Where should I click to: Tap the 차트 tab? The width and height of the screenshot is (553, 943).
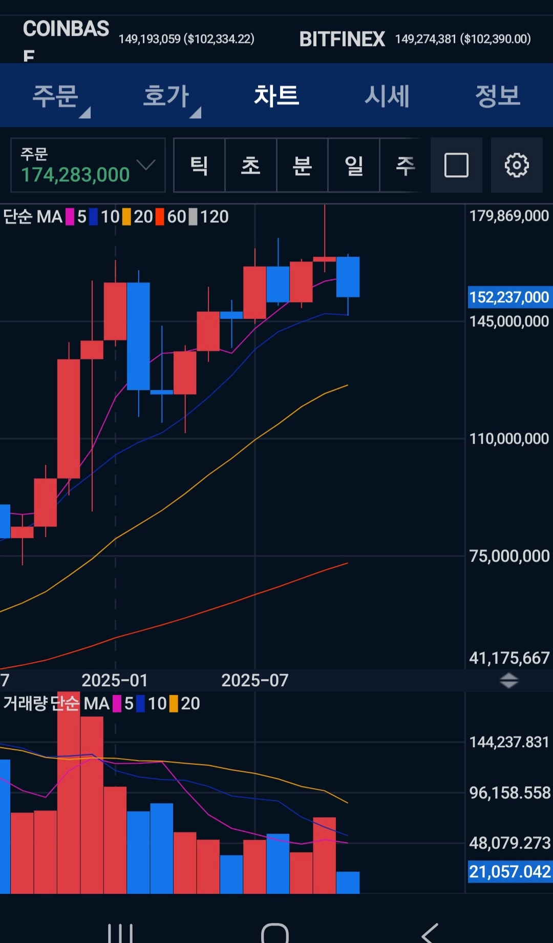click(276, 96)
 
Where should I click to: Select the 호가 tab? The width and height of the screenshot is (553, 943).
click(166, 96)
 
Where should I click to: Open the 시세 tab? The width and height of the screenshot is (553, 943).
click(387, 96)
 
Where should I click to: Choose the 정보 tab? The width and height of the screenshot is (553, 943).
click(498, 96)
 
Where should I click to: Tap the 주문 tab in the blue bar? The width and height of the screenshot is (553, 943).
click(55, 96)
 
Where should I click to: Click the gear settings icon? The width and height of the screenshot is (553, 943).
click(517, 165)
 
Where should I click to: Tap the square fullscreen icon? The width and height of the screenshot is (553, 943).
click(456, 165)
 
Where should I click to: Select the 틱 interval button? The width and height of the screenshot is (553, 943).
click(199, 165)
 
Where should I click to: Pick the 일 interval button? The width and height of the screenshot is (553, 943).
click(354, 165)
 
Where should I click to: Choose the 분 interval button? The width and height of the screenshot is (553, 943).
click(302, 165)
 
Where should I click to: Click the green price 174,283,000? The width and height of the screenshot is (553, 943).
click(75, 175)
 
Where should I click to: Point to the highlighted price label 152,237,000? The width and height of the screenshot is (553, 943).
click(509, 297)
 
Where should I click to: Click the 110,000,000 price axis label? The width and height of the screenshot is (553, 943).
click(509, 439)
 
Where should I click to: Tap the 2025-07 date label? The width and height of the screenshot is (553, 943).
click(254, 681)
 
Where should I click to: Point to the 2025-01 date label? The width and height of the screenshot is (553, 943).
click(115, 681)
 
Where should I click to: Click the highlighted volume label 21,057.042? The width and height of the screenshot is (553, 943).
click(510, 872)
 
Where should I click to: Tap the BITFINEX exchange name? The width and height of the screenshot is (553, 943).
click(342, 39)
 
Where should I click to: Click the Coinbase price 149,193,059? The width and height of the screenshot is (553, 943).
click(150, 39)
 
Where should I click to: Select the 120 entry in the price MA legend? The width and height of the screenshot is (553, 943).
click(214, 217)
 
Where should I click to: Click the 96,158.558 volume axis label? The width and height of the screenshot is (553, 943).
click(510, 793)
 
